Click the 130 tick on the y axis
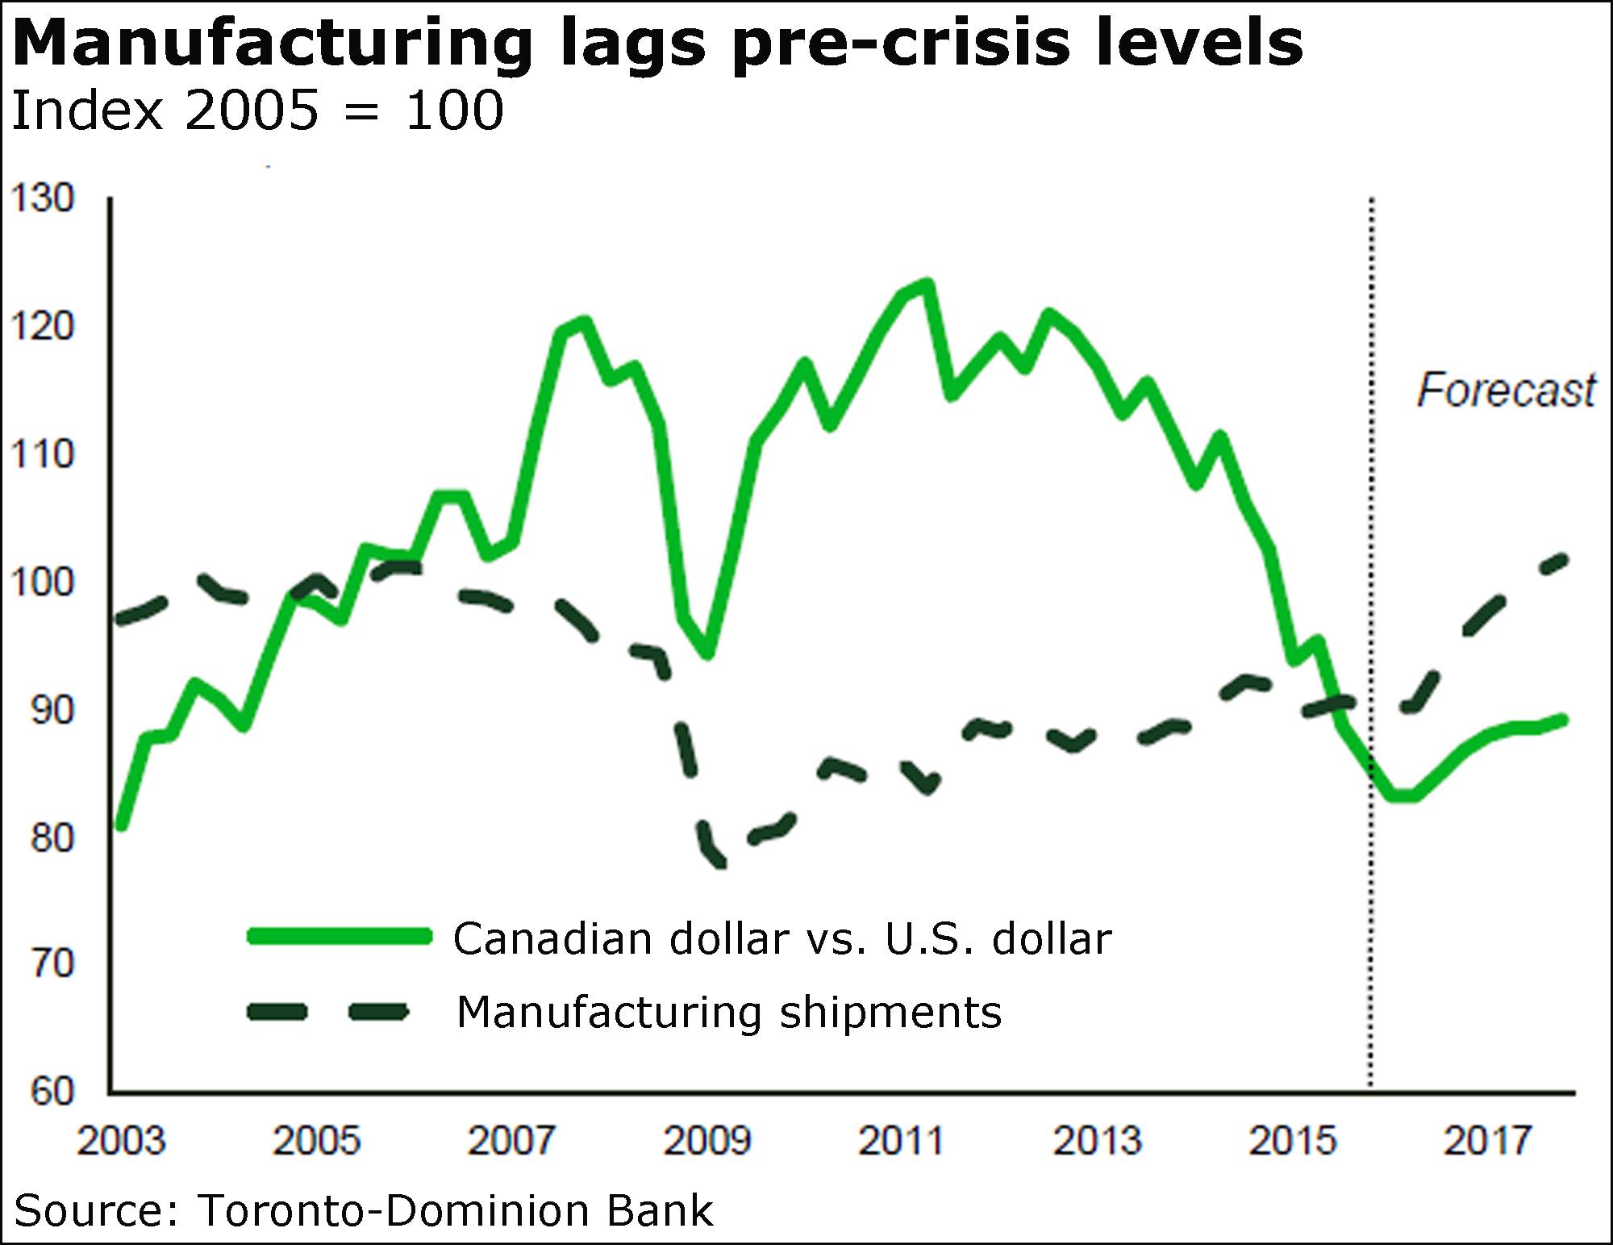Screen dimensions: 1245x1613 pyautogui.click(x=41, y=198)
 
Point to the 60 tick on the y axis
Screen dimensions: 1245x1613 pyautogui.click(x=52, y=1092)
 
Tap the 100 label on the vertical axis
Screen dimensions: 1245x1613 pyautogui.click(x=41, y=582)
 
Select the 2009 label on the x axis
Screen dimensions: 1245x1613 pyautogui.click(x=706, y=1141)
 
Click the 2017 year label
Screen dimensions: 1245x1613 pyautogui.click(x=1487, y=1141)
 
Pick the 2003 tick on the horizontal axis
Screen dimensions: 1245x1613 pyautogui.click(x=120, y=1141)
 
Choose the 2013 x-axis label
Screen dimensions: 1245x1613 pyautogui.click(x=1098, y=1141)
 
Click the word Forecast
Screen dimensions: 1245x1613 pyautogui.click(x=1506, y=391)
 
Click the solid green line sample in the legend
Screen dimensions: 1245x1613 pyautogui.click(x=340, y=936)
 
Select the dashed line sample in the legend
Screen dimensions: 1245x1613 pyautogui.click(x=327, y=1013)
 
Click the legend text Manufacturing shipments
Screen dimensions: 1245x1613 pyautogui.click(x=729, y=1012)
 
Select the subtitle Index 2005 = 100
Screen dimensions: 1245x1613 pyautogui.click(x=257, y=111)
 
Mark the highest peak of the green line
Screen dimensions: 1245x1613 pyautogui.click(x=927, y=283)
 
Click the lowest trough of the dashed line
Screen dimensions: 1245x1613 pyautogui.click(x=717, y=862)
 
